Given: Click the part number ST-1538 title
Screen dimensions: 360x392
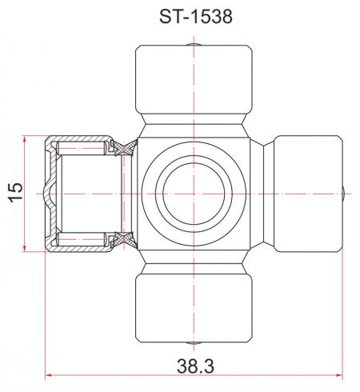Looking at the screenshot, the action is click(196, 17).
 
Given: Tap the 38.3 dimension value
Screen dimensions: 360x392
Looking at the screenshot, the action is click(195, 366).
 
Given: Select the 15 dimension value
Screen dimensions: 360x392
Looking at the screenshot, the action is click(15, 193).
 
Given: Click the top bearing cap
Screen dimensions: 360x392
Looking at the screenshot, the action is click(194, 79).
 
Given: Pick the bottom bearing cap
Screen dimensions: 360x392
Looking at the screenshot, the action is click(194, 308).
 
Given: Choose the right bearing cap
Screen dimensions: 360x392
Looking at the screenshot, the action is click(308, 194).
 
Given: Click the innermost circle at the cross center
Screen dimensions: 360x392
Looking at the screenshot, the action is click(194, 194).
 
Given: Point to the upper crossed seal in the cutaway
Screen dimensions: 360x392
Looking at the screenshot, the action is click(124, 147).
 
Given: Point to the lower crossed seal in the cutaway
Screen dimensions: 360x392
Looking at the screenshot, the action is click(124, 240).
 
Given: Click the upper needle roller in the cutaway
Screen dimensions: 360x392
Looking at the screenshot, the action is click(81, 148).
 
